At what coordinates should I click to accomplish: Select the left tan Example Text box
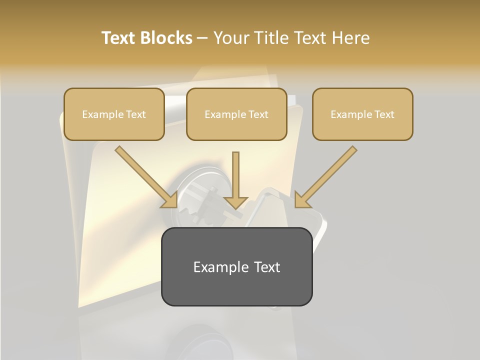pos(114,114)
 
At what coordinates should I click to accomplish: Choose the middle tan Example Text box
pos(236,114)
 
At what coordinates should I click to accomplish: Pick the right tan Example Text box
pos(362,114)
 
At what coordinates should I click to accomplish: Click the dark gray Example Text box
pos(236,266)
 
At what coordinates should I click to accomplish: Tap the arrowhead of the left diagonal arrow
pos(170,200)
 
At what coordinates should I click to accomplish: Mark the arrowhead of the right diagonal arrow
pos(302,200)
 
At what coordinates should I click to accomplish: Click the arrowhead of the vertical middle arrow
pos(236,202)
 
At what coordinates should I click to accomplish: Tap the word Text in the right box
pos(383,114)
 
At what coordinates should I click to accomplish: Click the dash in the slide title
pos(202,38)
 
